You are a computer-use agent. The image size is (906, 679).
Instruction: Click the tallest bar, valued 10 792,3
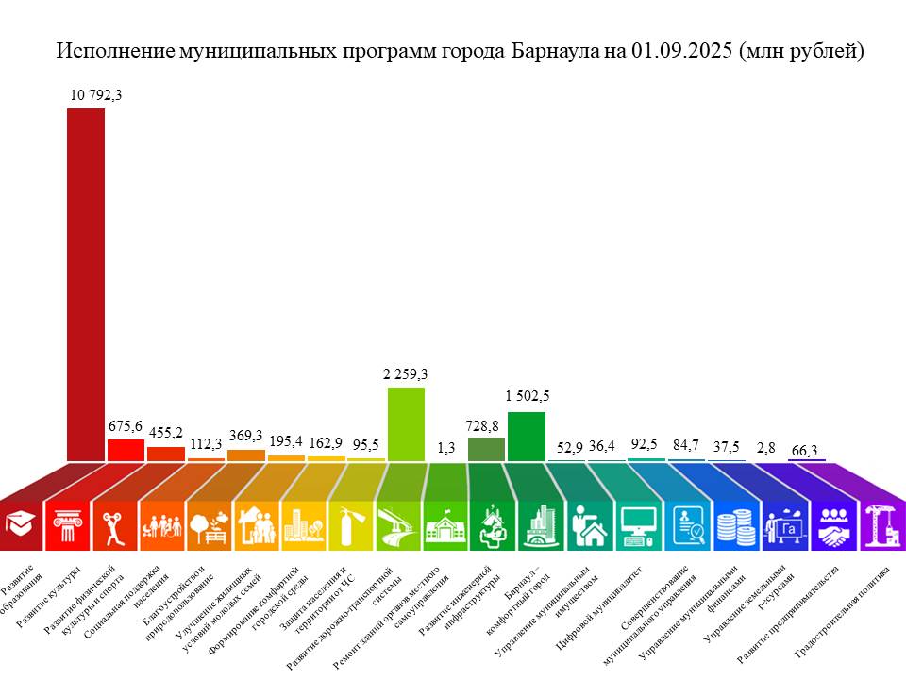pos(85,283)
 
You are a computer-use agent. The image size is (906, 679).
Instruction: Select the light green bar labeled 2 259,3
pos(407,424)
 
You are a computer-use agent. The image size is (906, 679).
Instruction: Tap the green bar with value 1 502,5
pos(527,437)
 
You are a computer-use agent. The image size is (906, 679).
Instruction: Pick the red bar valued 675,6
pos(126,450)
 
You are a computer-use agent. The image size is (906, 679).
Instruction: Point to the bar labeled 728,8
pos(486,449)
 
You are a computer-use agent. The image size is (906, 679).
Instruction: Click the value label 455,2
pos(166,433)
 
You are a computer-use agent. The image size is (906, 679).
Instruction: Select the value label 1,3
pos(446,448)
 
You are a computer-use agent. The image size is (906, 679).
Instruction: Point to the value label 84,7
pos(686,445)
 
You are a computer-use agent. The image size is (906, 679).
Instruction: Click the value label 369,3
pos(245,436)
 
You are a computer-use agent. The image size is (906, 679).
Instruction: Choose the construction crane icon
pos(882,524)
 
